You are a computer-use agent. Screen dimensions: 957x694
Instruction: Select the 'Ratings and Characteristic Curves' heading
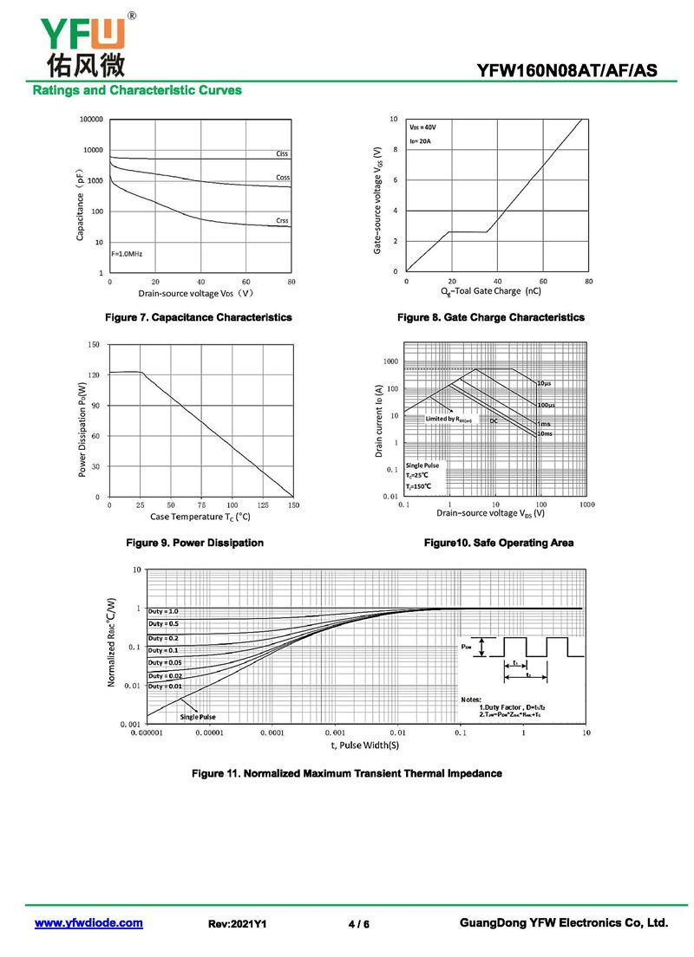(137, 90)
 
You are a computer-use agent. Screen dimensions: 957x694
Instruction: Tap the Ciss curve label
(282, 153)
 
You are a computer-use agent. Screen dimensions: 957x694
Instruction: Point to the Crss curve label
(282, 221)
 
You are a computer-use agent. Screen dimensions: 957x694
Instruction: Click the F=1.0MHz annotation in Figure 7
(127, 254)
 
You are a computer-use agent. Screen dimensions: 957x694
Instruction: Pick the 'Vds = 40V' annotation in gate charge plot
(423, 127)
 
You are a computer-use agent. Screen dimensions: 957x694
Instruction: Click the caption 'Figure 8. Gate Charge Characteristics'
(491, 317)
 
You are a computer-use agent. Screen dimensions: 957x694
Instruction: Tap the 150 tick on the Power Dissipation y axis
(94, 345)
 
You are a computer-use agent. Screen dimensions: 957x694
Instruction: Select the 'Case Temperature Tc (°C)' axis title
(200, 517)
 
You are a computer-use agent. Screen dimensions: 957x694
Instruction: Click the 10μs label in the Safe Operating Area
(545, 383)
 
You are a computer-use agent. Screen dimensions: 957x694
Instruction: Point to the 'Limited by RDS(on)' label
(448, 419)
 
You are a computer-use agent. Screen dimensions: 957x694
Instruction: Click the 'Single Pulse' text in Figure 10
(422, 465)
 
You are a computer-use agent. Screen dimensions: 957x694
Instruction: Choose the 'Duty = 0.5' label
(163, 624)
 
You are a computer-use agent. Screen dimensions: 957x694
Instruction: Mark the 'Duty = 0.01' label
(163, 687)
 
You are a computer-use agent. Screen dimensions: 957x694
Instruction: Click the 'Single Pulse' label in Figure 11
(198, 717)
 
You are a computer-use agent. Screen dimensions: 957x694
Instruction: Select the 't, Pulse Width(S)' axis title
(364, 745)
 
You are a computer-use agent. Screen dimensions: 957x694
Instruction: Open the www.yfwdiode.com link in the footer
(88, 923)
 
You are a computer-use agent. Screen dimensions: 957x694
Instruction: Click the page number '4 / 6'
(359, 924)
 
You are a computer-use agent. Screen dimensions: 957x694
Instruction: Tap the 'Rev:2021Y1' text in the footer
(238, 924)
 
